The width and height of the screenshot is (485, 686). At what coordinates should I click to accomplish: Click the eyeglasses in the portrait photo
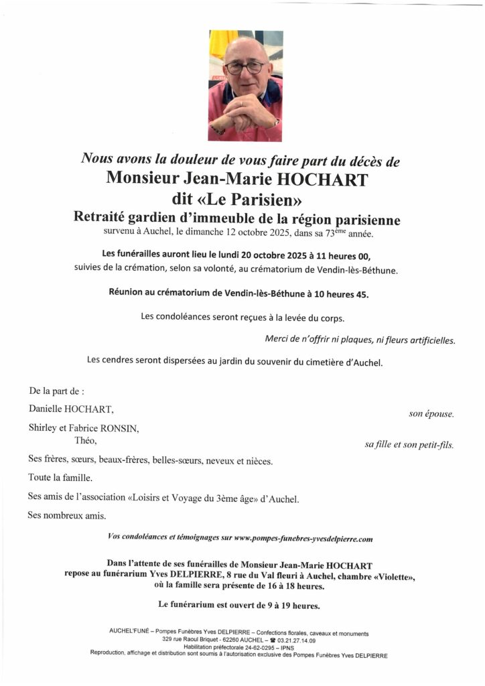(245, 67)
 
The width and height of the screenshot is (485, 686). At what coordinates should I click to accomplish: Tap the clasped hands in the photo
(245, 107)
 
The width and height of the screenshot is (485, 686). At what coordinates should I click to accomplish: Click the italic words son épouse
(431, 414)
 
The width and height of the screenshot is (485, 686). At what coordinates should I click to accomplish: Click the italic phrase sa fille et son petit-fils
(409, 445)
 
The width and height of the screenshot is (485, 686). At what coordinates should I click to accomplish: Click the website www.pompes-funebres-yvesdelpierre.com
(303, 539)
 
